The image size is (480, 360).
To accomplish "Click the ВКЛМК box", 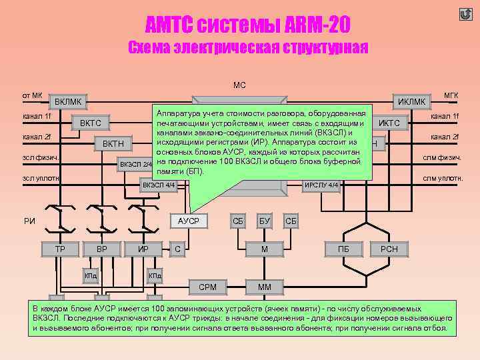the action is tap(69, 101).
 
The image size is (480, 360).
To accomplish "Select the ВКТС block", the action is tap(90, 123).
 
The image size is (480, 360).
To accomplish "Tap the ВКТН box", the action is tap(113, 144).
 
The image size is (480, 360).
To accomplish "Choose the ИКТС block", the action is tap(389, 123).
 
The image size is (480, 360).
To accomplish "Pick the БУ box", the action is tap(265, 220).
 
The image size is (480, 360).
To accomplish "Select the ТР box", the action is tap(60, 249).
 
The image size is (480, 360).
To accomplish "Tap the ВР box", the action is tap(101, 249).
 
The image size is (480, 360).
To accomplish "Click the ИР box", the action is tap(143, 249).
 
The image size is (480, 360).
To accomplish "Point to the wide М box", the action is tap(265, 249).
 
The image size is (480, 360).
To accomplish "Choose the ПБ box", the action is tap(344, 249).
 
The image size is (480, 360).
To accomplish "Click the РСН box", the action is tap(389, 249).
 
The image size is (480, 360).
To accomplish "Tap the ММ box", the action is tap(265, 287).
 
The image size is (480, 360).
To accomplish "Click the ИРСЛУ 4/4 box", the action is tap(322, 185).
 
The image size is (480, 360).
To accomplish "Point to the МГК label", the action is tap(450, 96).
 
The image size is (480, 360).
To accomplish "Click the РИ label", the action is tap(29, 221).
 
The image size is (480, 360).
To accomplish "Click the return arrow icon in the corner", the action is tap(465, 14).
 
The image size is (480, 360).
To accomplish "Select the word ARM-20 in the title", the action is tap(309, 25).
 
